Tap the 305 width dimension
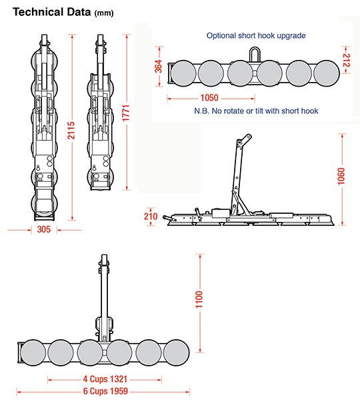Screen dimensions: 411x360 (x=45, y=229)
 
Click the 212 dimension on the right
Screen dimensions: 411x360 (x=346, y=61)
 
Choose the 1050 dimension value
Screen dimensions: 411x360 (x=208, y=97)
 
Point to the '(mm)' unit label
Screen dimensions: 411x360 (x=104, y=13)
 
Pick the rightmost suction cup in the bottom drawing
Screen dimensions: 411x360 (x=177, y=350)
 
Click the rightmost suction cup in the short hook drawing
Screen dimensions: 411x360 (x=327, y=71)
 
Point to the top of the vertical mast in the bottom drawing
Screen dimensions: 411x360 (x=104, y=258)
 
